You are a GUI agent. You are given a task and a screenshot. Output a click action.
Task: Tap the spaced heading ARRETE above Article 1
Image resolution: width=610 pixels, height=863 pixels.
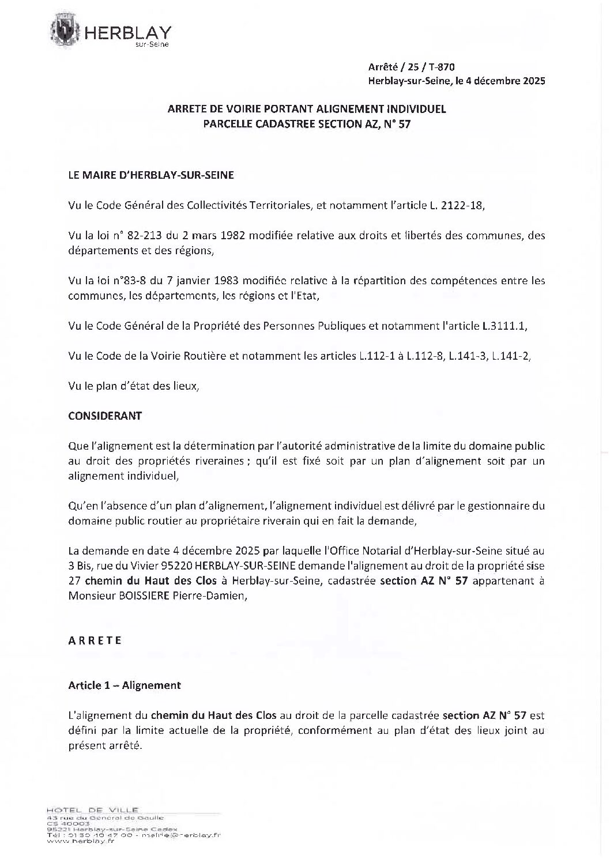95,640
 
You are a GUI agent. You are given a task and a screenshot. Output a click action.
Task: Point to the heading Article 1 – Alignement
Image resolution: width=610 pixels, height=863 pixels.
125,685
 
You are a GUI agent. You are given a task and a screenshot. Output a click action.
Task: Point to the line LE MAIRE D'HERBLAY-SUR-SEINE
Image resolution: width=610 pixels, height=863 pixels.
151,175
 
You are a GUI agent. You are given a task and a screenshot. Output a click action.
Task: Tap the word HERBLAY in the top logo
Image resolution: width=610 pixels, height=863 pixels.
128,33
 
